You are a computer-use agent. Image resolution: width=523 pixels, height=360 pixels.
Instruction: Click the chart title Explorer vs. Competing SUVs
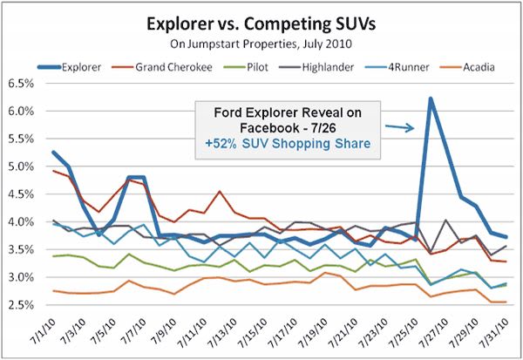click(261, 20)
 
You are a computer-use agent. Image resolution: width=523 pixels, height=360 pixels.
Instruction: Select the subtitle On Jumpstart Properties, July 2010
click(261, 40)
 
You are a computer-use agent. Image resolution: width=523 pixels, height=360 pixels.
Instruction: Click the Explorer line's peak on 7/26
click(431, 98)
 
